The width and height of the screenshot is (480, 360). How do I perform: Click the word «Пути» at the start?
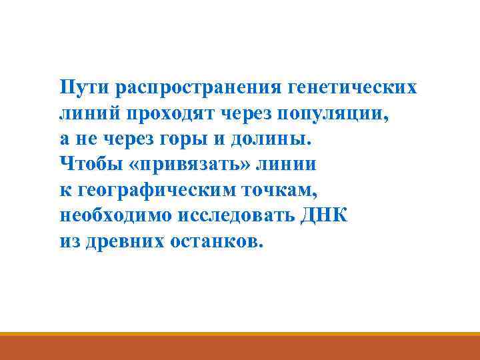tap(84, 87)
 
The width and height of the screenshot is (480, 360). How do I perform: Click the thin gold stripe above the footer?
tap(240, 334)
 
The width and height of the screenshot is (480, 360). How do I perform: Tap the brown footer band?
tap(240, 348)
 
